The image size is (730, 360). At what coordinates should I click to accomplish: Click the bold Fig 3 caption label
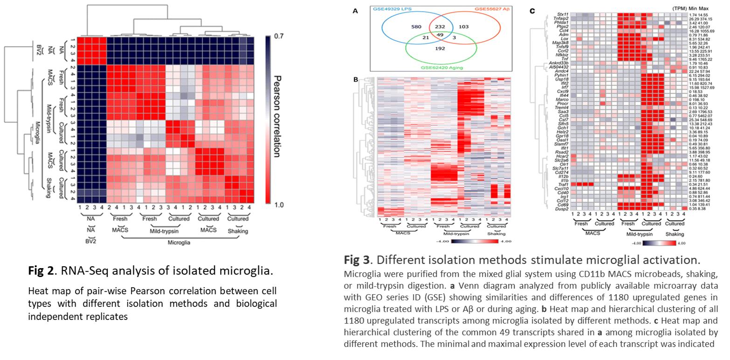pyautogui.click(x=357, y=259)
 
